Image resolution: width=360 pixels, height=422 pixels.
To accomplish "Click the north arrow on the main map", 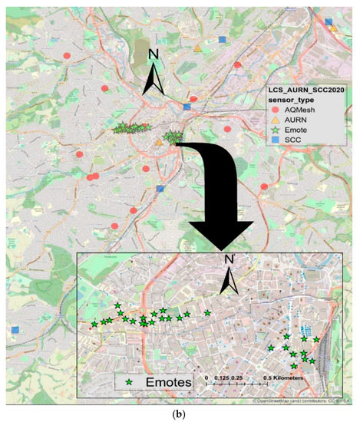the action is coord(154,73).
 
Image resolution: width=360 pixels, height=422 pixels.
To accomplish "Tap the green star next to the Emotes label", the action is coord(124,380).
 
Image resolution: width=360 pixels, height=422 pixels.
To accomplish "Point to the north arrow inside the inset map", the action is coord(228,275).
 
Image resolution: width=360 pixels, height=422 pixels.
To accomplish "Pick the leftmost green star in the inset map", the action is coord(94,324).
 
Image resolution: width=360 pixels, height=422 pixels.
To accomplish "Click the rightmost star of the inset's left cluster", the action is coord(207,312).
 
